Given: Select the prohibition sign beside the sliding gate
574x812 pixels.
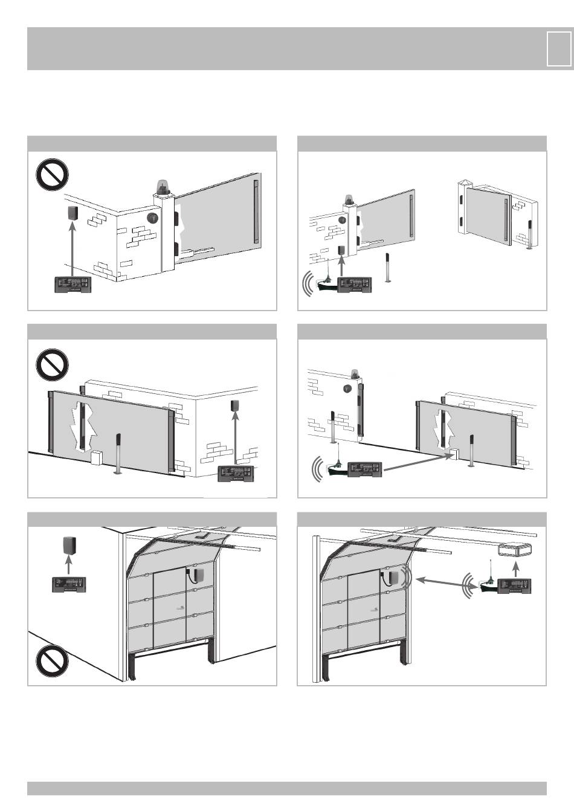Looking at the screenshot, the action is (x=52, y=364).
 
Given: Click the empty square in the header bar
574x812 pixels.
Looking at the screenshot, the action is (x=558, y=48).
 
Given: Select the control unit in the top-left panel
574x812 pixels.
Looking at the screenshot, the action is (x=73, y=285).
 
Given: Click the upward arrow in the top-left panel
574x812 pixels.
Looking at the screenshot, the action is (x=72, y=248).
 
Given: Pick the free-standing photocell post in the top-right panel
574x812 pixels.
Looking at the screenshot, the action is (x=386, y=269).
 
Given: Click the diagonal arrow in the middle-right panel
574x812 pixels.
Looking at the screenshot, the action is (x=417, y=462).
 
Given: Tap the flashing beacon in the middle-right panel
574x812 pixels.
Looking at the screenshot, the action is (x=354, y=375).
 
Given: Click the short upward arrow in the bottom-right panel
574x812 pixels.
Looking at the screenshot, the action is (x=515, y=570).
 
